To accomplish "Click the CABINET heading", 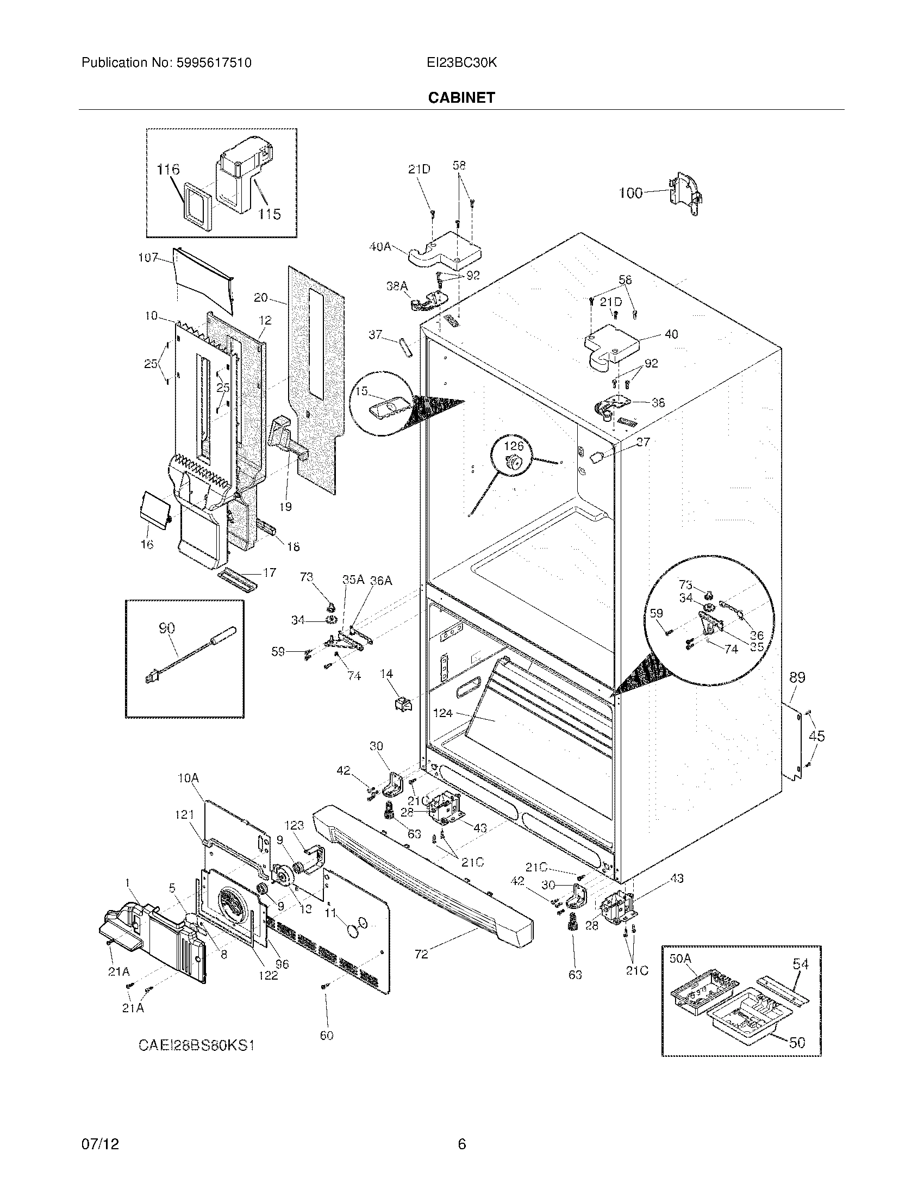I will (461, 97).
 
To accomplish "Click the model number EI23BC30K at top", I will (461, 63).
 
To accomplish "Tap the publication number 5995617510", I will (214, 63).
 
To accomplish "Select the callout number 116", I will (167, 170).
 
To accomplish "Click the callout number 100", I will (630, 193).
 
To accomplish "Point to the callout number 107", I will (148, 257).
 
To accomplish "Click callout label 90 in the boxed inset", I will (166, 628).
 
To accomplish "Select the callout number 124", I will (442, 713).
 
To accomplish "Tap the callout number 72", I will (421, 954).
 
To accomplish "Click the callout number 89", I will (797, 677).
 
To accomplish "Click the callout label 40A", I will (380, 247).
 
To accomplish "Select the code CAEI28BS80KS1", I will (197, 1045).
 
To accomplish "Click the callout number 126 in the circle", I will (513, 446).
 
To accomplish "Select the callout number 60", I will (326, 1035).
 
